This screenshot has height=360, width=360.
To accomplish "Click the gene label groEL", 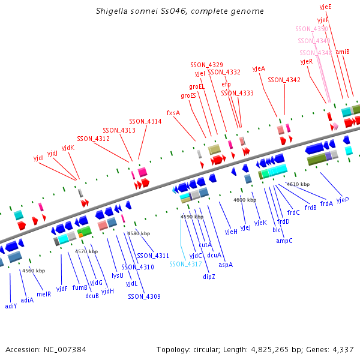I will pos(197,86).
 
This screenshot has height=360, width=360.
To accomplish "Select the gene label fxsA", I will pos(173,112).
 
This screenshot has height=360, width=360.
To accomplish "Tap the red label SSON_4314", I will pos(145,121).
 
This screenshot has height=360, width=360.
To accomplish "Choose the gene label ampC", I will pos(284,241).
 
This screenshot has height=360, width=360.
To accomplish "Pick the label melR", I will pos(44,294).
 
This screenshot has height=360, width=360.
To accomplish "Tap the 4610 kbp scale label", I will pos(298,184).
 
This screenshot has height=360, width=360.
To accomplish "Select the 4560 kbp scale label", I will pos(34,271).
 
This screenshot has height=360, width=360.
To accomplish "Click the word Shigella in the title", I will pos(112,11).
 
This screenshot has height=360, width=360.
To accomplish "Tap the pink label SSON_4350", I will pos(311,29).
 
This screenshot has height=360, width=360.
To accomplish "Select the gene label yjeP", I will pos(343,200).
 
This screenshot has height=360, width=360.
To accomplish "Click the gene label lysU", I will pos(118,275).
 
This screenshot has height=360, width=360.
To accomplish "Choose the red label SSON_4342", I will pos(284,80).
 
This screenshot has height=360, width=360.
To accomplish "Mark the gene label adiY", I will pos(11,306).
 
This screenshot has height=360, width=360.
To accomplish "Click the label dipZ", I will pos(209,277).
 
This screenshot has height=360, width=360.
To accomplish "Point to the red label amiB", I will pos(343,52).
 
